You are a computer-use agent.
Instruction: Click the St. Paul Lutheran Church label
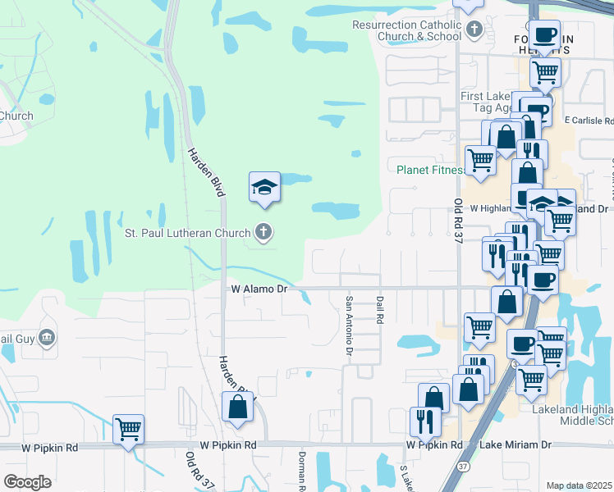tap(186, 233)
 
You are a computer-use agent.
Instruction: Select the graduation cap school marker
tap(265, 188)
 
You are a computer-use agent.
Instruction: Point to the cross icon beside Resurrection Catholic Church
tap(474, 30)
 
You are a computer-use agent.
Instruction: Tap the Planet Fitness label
tap(428, 171)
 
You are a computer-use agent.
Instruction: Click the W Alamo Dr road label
tap(259, 289)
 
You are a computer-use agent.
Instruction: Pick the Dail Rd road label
tap(380, 311)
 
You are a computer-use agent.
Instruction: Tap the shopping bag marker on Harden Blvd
tap(237, 408)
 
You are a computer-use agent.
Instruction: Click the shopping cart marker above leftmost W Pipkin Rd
tap(128, 430)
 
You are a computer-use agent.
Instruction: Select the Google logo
tap(27, 482)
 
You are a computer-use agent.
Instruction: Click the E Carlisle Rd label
tap(590, 121)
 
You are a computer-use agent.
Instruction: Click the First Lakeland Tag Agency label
tap(493, 102)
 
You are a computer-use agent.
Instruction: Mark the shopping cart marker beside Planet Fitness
tap(480, 158)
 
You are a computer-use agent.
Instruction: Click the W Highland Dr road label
tap(489, 208)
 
